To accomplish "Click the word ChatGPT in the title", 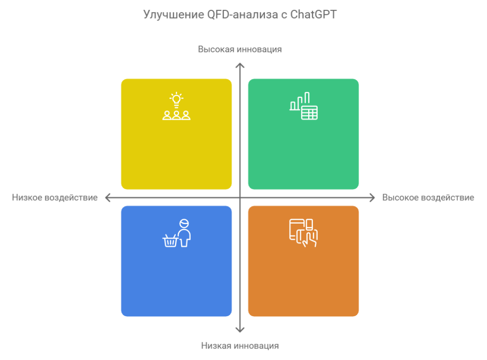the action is coord(313,15).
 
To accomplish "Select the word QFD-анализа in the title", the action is coord(243,15).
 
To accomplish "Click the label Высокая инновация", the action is coord(240,49).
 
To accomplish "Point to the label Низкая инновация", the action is coord(240,346).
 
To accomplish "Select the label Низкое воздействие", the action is coord(55,197).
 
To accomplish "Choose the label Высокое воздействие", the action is coord(428,197).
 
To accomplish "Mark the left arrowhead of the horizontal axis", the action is coord(107,197).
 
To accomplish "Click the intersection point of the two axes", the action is coord(240,197).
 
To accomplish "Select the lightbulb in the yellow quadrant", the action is coord(176,99).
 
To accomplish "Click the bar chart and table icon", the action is coord(303,106).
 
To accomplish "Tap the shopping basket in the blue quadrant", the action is coord(170,241).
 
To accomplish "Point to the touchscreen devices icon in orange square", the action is coord(303,233).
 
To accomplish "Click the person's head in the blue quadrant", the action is coord(184,224).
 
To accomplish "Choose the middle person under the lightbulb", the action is coord(176,115).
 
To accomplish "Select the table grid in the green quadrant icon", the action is coord(309,113).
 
